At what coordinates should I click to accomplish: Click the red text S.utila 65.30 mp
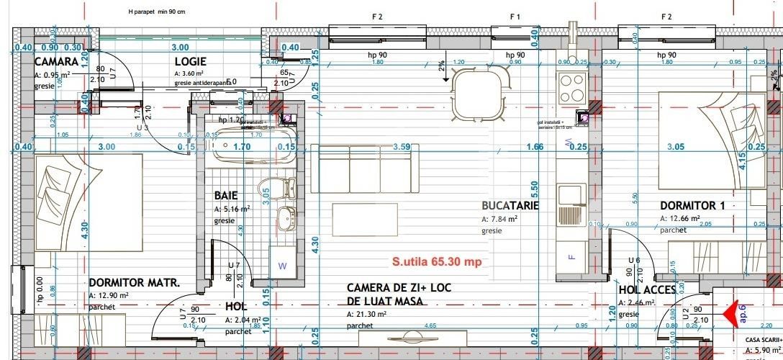[436, 261]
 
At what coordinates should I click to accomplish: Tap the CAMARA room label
[56, 61]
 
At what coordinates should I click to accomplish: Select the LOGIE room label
[190, 61]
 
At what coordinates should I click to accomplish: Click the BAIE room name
[225, 195]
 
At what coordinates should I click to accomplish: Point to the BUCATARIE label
[510, 205]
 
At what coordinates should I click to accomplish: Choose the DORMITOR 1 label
[692, 205]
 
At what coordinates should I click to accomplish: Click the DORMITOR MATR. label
[134, 282]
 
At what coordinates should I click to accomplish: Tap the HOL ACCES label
[647, 289]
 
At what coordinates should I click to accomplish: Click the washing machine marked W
[282, 264]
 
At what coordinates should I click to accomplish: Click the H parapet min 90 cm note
[155, 12]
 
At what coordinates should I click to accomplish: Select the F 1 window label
[515, 16]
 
